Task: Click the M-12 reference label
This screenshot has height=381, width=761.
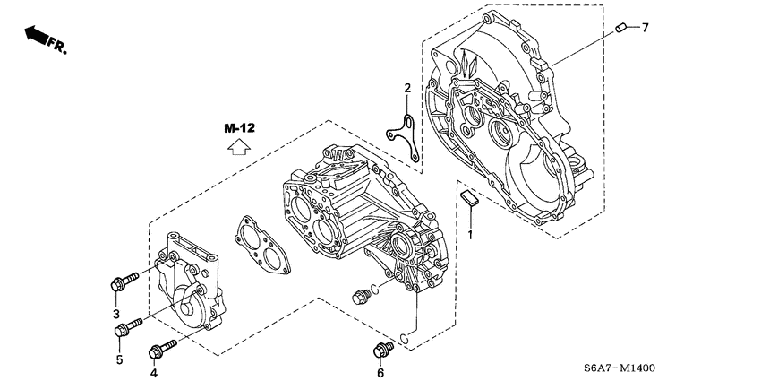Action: [239, 128]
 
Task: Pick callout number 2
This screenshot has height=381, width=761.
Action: [406, 88]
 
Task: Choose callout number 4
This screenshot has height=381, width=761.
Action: [153, 372]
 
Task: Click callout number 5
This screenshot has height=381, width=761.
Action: [118, 361]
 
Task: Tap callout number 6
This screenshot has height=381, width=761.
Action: [380, 372]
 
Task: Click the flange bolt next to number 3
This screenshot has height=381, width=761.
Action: [123, 281]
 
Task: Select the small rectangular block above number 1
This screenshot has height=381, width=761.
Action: [469, 196]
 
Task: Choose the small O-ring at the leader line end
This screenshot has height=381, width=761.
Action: [406, 340]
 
